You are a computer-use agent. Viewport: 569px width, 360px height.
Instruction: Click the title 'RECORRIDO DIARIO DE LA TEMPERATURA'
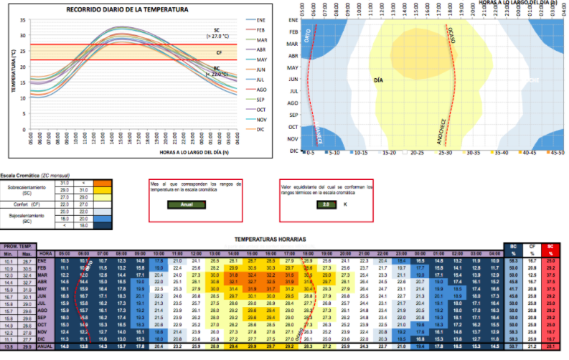click(128, 9)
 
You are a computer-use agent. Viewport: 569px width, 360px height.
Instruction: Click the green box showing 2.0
click(326, 204)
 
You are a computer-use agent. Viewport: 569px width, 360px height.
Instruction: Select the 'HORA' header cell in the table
click(46, 253)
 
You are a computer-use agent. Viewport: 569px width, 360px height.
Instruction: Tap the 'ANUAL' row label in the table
click(46, 347)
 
